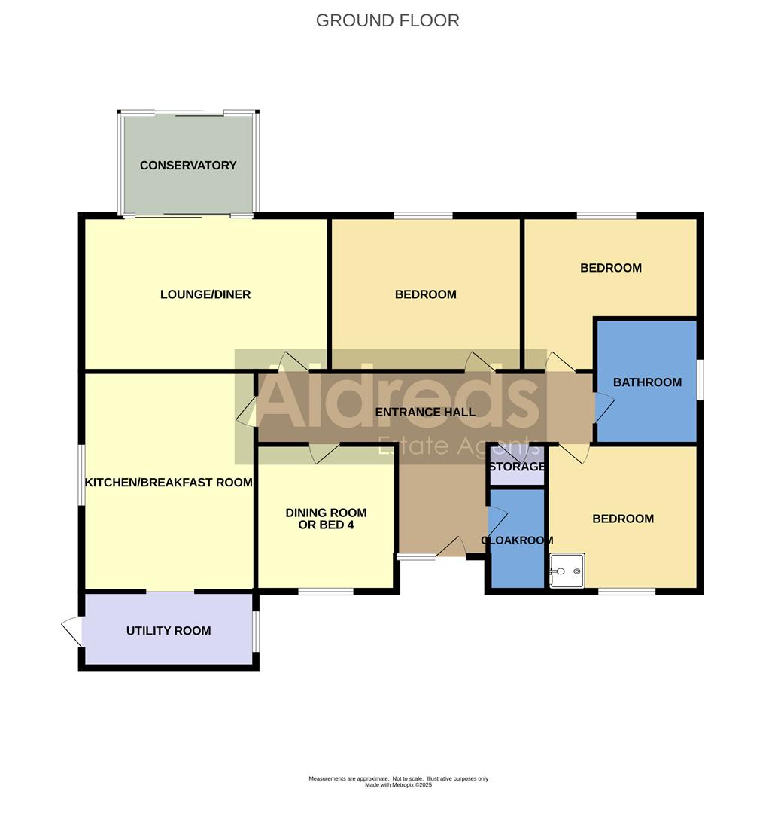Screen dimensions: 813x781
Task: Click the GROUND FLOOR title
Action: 387,20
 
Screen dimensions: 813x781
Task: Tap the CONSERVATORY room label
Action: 188,166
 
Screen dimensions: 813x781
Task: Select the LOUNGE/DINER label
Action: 205,294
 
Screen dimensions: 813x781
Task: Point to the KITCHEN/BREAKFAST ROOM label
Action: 169,483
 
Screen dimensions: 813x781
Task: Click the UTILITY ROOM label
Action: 169,631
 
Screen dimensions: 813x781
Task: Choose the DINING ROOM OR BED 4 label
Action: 326,519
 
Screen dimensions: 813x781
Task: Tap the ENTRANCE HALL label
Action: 425,412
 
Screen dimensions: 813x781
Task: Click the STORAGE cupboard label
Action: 517,467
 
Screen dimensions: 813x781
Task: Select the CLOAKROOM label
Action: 517,540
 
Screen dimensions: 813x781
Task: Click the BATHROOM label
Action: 647,382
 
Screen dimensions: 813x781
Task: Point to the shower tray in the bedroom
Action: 567,571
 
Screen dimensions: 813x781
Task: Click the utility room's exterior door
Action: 71,630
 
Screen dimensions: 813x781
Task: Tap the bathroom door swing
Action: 604,406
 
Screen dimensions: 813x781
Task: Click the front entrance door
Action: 451,547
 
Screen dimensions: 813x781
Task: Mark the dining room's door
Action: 324,453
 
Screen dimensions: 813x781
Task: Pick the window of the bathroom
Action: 699,379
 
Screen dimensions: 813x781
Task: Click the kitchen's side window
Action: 82,474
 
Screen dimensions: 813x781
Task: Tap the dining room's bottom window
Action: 326,592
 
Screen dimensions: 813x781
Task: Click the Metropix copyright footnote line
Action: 398,785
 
